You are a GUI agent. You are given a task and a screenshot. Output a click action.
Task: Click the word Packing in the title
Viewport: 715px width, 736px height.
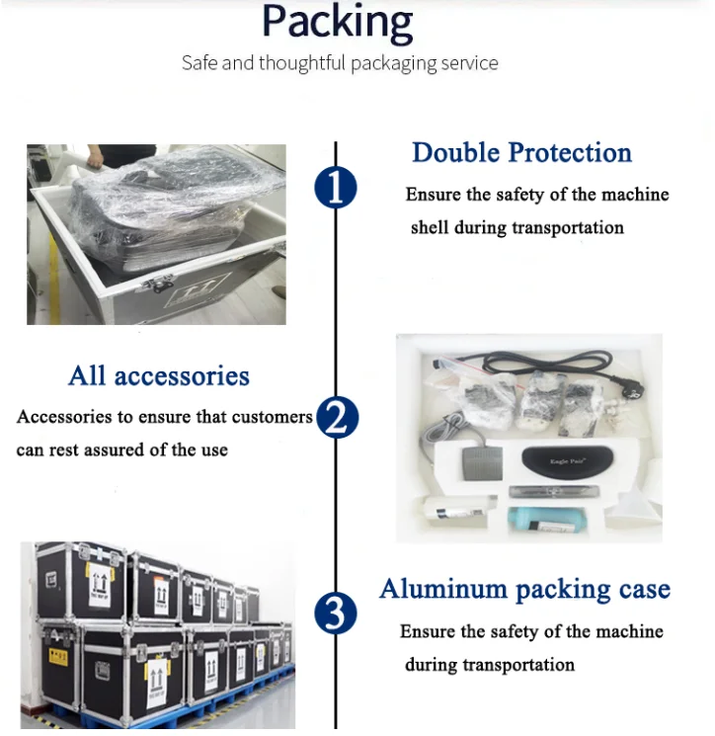[337, 22]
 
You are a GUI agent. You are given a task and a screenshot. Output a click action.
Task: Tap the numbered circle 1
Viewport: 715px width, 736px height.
[336, 188]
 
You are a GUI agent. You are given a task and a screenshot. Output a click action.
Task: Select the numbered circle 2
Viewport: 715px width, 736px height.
[337, 419]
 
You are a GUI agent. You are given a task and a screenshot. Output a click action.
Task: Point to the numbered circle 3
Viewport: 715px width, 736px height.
[336, 614]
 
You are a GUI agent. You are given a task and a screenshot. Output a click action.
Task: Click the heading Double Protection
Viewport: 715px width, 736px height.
[521, 153]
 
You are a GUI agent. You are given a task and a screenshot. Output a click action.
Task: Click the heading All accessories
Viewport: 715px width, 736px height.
[159, 376]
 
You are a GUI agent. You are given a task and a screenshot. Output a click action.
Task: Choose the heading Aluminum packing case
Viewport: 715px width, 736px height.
[524, 590]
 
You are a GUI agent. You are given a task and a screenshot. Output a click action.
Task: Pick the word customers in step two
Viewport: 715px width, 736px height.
[273, 417]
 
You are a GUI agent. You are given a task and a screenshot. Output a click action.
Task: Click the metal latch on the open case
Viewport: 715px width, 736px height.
[159, 284]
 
